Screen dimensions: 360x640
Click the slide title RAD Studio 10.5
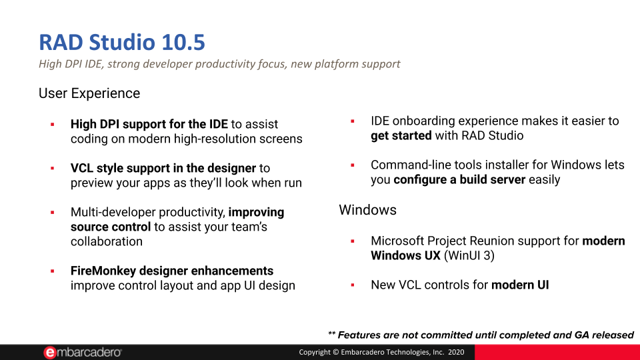(x=122, y=42)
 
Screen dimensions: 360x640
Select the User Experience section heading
(x=89, y=93)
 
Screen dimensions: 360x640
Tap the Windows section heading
(x=367, y=210)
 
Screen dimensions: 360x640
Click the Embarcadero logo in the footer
(x=83, y=352)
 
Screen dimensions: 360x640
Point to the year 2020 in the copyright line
(x=456, y=352)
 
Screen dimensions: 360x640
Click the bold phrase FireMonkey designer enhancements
(x=172, y=271)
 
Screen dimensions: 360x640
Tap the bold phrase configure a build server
(x=459, y=179)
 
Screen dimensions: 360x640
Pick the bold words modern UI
(x=520, y=285)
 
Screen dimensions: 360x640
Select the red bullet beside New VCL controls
(x=352, y=285)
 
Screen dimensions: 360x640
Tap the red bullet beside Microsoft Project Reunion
(x=352, y=241)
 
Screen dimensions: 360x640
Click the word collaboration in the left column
(x=107, y=241)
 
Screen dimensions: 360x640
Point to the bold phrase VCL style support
(x=118, y=168)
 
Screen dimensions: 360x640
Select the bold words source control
(x=111, y=227)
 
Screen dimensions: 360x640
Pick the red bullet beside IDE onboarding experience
(x=352, y=121)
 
